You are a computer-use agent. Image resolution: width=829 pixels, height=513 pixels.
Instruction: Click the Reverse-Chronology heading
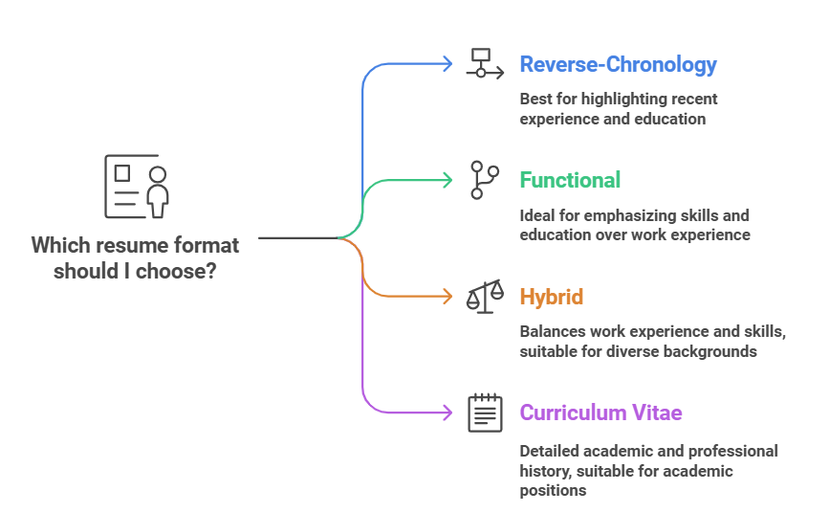(x=618, y=65)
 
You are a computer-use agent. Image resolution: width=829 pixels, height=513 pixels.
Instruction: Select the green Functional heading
(x=570, y=180)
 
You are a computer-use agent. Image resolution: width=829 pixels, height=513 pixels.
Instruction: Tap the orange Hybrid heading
(x=551, y=297)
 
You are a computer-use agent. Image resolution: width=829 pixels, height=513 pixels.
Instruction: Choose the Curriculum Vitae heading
(x=600, y=413)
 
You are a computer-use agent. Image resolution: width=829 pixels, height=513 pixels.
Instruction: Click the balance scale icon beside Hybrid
(x=485, y=297)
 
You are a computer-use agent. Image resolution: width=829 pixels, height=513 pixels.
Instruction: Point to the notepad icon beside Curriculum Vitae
(x=485, y=413)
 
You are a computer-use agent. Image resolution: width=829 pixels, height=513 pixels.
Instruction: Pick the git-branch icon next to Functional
(x=484, y=180)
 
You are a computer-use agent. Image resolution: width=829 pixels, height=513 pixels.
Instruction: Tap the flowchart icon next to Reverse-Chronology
(x=484, y=63)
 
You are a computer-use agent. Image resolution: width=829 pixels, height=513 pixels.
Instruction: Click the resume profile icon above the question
(x=136, y=187)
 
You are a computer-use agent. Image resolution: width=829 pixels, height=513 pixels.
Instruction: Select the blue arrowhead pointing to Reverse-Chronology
(x=447, y=64)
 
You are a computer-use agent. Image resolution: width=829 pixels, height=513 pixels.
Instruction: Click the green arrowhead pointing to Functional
(x=447, y=180)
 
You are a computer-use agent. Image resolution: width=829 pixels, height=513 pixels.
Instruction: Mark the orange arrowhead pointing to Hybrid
(x=447, y=297)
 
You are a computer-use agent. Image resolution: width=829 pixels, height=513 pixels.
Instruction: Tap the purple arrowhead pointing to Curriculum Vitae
(x=447, y=413)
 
